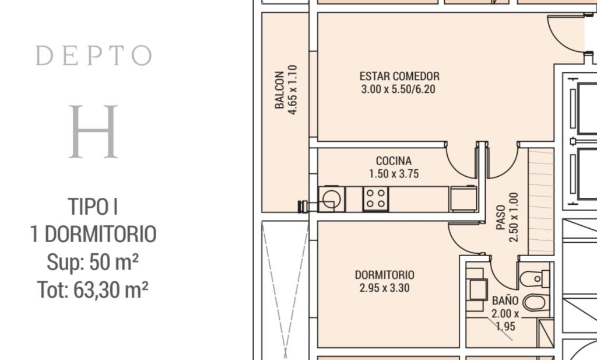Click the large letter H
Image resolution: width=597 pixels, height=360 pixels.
tap(93, 131)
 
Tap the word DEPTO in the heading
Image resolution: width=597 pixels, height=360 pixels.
tap(94, 55)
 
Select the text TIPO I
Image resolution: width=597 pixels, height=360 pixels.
tap(93, 207)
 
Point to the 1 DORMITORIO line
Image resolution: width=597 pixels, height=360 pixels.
tap(93, 235)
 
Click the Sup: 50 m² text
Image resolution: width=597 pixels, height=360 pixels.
tap(93, 262)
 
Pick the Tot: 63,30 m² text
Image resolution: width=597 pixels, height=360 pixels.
tap(93, 290)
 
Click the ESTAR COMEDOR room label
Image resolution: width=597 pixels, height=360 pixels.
tap(399, 76)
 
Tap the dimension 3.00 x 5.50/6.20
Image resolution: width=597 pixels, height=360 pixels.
tap(398, 89)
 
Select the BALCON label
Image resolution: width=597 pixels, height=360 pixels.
tap(279, 90)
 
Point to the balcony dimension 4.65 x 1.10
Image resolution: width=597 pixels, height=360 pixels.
tap(293, 90)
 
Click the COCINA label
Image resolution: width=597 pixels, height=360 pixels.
tap(394, 161)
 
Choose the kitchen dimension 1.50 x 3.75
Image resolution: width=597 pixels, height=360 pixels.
tap(394, 174)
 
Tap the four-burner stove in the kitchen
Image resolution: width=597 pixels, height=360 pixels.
tap(376, 198)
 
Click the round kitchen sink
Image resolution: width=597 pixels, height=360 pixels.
tap(331, 198)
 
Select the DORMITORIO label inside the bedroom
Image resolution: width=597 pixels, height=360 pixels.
tap(385, 275)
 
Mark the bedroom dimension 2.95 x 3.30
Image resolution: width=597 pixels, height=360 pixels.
tap(385, 288)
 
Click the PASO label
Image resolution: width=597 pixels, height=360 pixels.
tap(501, 218)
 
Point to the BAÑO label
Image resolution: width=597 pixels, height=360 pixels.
tap(505, 300)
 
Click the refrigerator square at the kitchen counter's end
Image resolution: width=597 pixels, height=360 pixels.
tap(463, 198)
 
